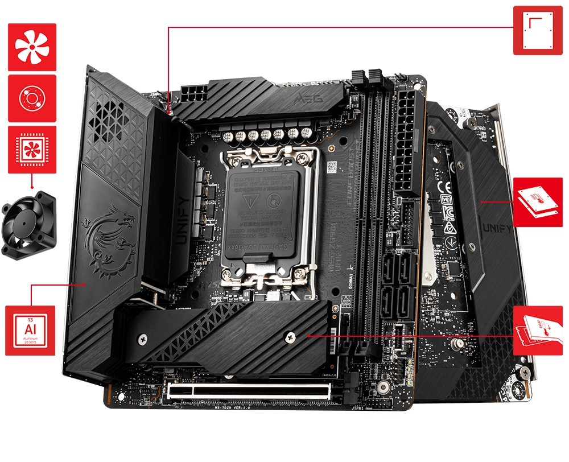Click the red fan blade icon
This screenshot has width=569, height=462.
(x=32, y=47)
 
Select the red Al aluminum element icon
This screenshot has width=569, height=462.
(x=30, y=330)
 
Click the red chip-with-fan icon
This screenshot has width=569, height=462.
(x=32, y=148)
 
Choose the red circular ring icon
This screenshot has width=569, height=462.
(x=32, y=98)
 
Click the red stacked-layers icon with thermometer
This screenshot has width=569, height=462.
(x=538, y=202)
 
